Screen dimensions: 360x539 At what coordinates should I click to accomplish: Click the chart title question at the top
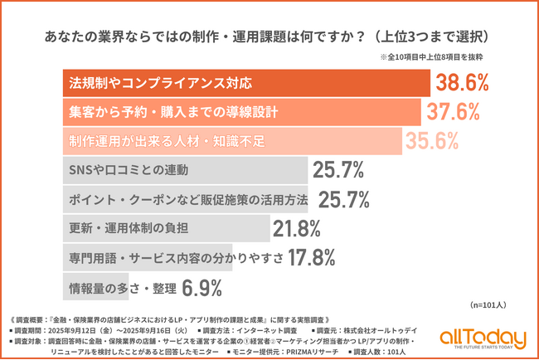coord(269,37)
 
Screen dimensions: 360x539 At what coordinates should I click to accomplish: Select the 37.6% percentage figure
coord(453,111)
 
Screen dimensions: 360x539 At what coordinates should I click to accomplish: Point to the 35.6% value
coord(431,141)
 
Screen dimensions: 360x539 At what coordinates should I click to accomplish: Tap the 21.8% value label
coord(297,229)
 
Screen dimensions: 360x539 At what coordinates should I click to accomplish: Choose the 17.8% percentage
coord(313,258)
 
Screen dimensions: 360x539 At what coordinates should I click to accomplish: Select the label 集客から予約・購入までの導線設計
coord(163,112)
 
